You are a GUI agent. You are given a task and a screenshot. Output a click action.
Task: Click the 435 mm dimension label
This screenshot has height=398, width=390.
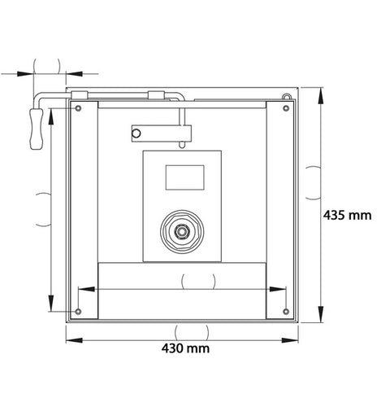click(347, 216)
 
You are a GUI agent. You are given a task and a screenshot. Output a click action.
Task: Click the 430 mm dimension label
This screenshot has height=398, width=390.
click(185, 348)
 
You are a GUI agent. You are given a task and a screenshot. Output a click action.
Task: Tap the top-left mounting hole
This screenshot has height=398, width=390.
click(78, 108)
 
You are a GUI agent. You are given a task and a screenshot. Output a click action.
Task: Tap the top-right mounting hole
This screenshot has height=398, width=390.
click(286, 108)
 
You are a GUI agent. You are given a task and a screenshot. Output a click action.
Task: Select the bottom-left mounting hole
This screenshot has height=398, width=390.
click(78, 312)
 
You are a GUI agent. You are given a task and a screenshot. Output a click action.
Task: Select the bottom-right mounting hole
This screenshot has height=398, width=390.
click(286, 312)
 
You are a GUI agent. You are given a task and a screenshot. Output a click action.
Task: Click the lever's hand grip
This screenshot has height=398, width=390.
click(37, 129)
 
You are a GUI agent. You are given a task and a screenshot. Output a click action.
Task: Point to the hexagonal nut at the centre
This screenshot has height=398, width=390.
click(182, 231)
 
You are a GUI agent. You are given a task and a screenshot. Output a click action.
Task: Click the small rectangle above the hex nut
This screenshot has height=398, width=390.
click(185, 177)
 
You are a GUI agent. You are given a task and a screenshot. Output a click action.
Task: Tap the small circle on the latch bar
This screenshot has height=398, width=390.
click(136, 133)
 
